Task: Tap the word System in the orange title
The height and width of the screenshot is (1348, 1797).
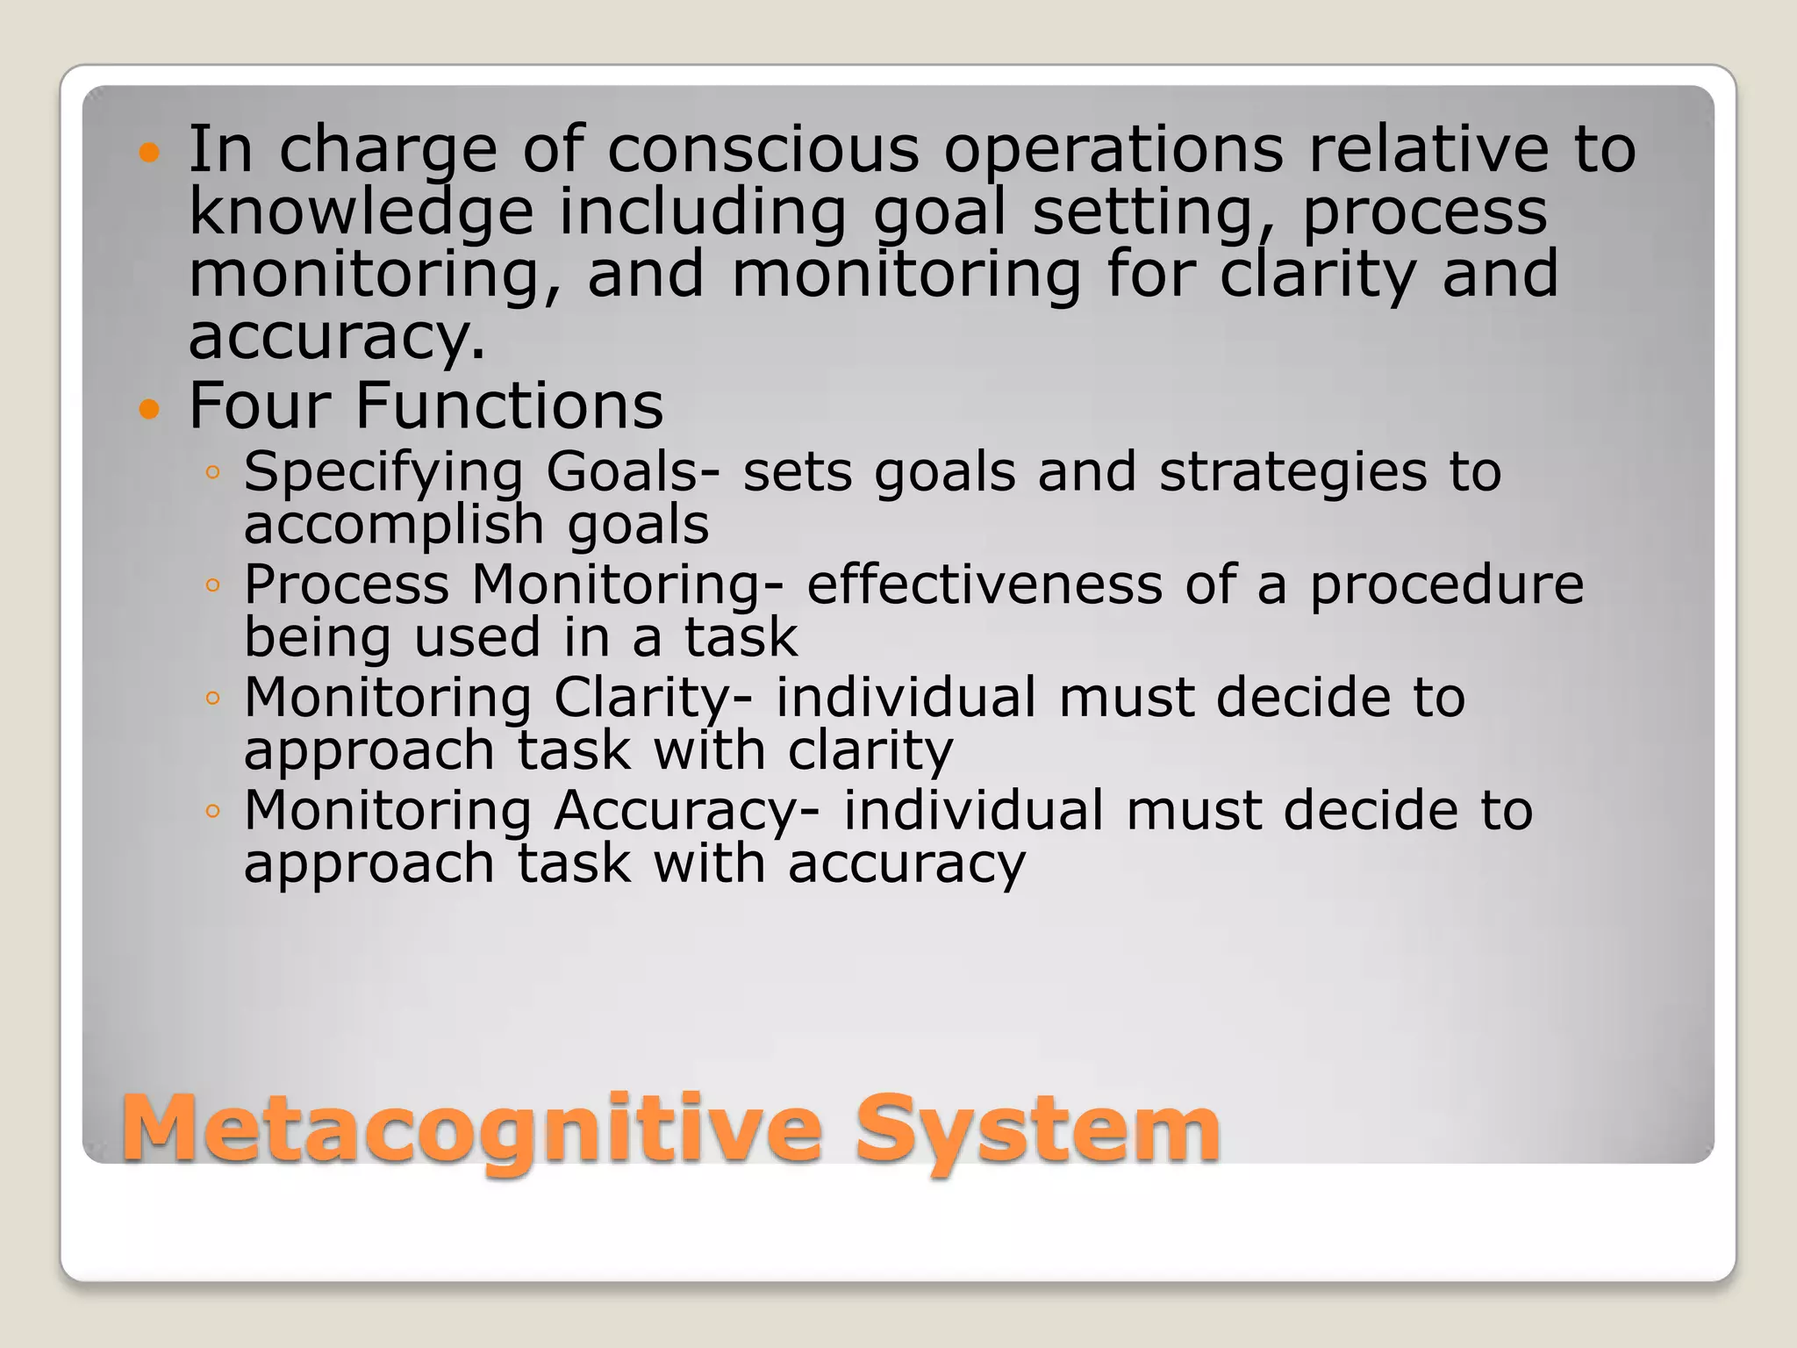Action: click(x=1037, y=1129)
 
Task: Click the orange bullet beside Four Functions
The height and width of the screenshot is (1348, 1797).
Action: click(x=150, y=409)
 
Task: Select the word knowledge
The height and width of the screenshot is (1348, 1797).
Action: click(x=361, y=213)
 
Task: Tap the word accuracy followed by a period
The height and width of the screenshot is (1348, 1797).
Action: click(x=336, y=338)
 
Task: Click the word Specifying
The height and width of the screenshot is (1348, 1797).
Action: click(x=383, y=473)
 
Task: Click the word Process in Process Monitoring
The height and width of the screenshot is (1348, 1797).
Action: click(x=346, y=584)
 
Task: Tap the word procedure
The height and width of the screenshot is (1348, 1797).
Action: click(x=1447, y=586)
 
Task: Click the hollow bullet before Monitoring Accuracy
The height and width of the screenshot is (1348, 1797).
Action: click(x=211, y=811)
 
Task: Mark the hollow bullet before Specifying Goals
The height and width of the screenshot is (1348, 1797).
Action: click(x=211, y=473)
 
